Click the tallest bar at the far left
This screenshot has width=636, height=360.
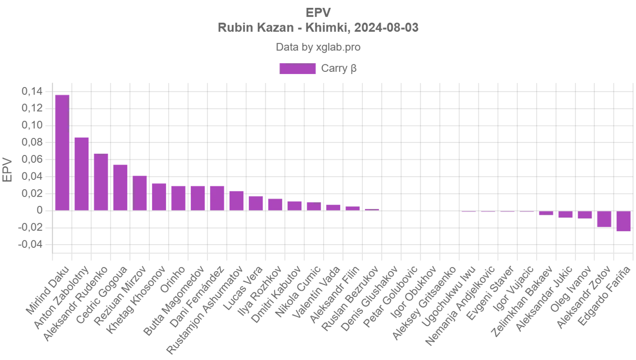(x=62, y=152)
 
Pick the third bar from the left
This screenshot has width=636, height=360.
(x=101, y=182)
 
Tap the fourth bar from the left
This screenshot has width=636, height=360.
(x=120, y=187)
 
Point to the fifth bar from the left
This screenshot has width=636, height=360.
(x=139, y=192)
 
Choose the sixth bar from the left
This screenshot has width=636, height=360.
(x=159, y=196)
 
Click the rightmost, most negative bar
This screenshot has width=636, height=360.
(x=623, y=222)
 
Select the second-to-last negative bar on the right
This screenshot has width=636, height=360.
(x=604, y=219)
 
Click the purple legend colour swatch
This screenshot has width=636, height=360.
(x=298, y=69)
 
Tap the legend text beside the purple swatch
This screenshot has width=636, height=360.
(x=339, y=69)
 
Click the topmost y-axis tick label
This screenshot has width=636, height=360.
(x=33, y=92)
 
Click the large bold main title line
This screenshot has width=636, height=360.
(x=318, y=28)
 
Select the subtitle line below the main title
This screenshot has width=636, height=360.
(x=318, y=47)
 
